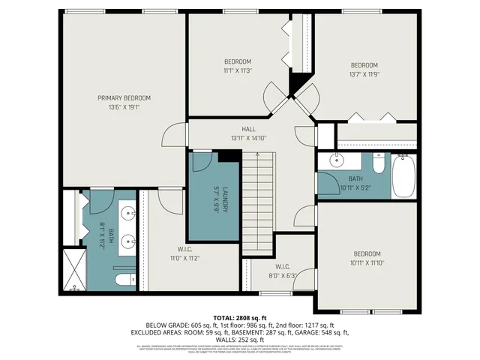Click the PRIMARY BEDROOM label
point(124,97)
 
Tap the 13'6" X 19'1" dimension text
point(124,107)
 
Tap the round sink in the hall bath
point(335,160)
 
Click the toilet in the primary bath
point(122,280)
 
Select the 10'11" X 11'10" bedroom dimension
point(367,262)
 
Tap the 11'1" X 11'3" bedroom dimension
point(238,71)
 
